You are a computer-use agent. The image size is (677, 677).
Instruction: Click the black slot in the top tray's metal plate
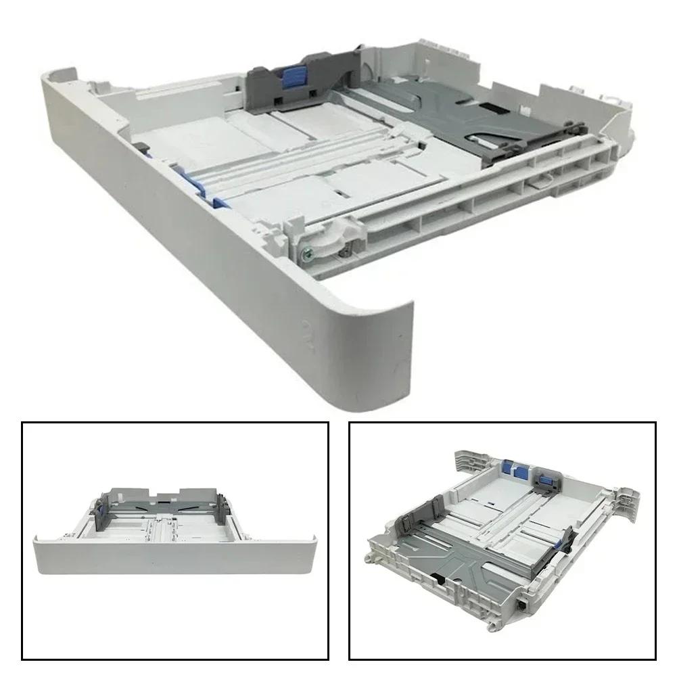[x=493, y=108]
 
